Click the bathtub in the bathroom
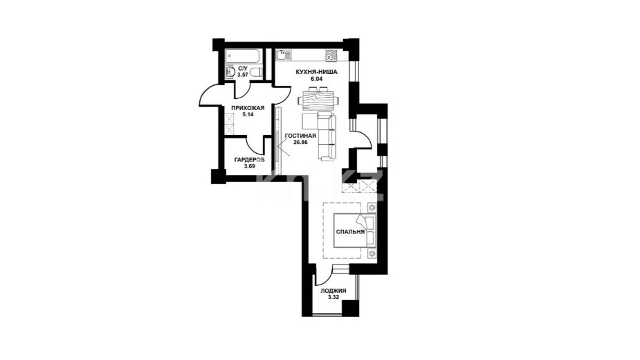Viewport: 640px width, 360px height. tap(244, 56)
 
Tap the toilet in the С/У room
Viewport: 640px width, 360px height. tap(255, 73)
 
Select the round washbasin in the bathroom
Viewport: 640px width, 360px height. tap(230, 73)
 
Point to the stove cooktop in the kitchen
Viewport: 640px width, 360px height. tap(331, 55)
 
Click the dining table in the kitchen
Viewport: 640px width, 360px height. tap(318, 100)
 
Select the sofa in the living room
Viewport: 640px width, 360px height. tap(326, 136)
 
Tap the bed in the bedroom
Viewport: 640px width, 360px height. tap(354, 231)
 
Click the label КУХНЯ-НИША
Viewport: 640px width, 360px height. tap(316, 72)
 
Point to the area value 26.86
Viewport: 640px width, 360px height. tap(300, 142)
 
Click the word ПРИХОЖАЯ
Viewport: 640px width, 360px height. tap(248, 108)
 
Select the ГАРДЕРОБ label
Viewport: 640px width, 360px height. tap(249, 160)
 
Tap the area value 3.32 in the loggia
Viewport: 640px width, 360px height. tap(333, 297)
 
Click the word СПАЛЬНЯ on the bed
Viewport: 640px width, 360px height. tap(350, 232)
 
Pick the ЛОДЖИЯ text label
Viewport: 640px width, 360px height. tap(333, 291)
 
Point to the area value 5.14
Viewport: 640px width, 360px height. tap(248, 115)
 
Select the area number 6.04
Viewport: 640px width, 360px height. tap(316, 79)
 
